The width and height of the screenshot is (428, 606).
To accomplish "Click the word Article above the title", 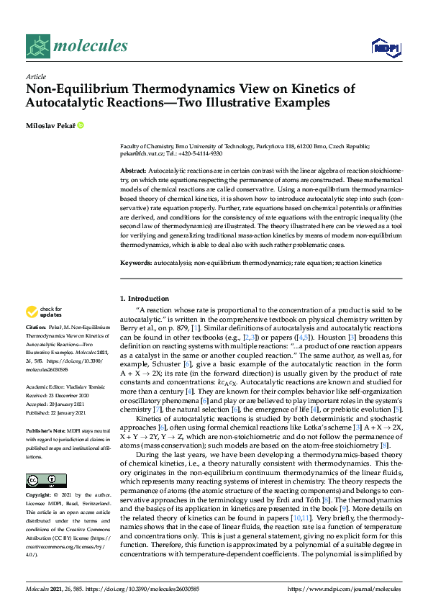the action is click(35, 76).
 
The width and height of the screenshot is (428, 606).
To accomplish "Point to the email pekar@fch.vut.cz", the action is click(142, 153).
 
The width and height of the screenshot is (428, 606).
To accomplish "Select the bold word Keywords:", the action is click(138, 263).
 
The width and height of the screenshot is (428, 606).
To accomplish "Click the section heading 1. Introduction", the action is click(144, 298).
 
